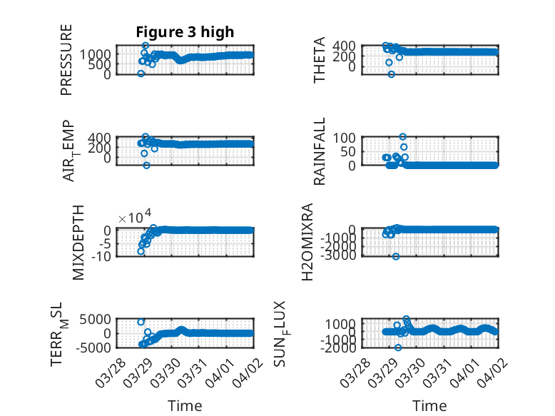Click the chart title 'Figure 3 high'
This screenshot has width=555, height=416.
click(x=185, y=32)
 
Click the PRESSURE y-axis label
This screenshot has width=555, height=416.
click(x=66, y=59)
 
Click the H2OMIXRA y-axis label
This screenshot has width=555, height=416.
click(x=307, y=243)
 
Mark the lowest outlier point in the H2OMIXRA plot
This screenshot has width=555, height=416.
click(x=395, y=256)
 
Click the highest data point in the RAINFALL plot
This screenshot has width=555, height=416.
click(x=403, y=137)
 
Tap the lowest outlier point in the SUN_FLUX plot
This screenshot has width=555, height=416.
click(x=398, y=347)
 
